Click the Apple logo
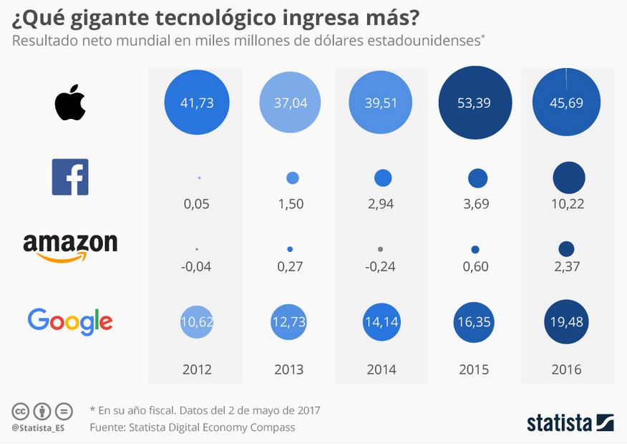(x=70, y=102)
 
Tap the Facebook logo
(x=70, y=177)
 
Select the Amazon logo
(x=70, y=248)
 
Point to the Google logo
(x=70, y=321)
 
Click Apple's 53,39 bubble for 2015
(x=475, y=102)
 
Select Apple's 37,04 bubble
(x=290, y=102)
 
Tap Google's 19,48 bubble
(x=566, y=321)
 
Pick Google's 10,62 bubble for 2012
(x=197, y=321)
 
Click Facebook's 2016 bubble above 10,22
(x=568, y=178)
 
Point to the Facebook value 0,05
(x=196, y=204)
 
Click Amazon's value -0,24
(x=380, y=266)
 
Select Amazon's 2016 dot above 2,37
(x=566, y=249)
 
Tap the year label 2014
(x=381, y=369)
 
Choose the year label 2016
(x=566, y=369)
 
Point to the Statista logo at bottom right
(x=570, y=423)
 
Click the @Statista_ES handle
(x=38, y=428)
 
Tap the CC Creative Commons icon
(x=20, y=411)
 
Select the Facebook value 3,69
(x=476, y=204)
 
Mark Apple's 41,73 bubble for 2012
(x=197, y=102)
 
